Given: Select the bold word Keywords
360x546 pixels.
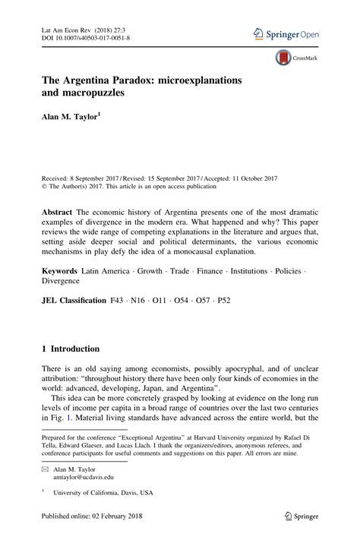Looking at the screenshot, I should click(61, 272).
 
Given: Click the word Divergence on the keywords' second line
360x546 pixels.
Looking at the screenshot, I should click(62, 282).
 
